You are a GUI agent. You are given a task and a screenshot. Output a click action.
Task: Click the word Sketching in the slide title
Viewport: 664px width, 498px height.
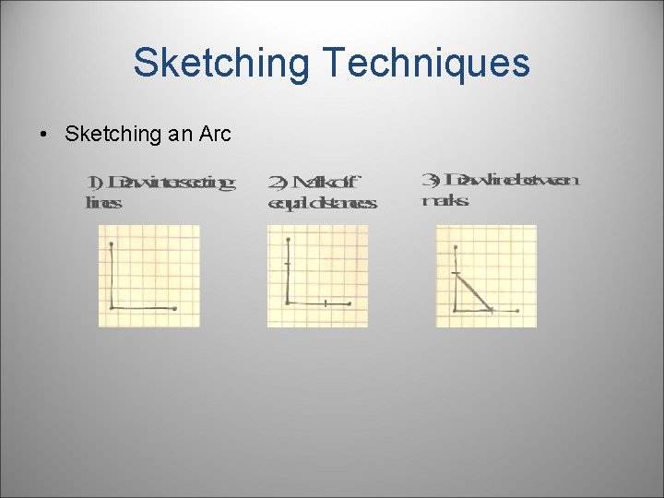pyautogui.click(x=221, y=64)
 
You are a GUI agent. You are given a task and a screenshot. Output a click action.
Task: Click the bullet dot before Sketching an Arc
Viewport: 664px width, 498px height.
pyautogui.click(x=44, y=135)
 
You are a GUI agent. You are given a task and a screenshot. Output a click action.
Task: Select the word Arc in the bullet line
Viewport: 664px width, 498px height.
pyautogui.click(x=213, y=134)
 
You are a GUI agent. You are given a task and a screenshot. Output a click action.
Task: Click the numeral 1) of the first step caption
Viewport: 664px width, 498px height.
pyautogui.click(x=94, y=182)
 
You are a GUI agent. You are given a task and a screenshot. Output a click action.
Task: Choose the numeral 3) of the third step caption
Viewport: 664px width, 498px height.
pyautogui.click(x=429, y=178)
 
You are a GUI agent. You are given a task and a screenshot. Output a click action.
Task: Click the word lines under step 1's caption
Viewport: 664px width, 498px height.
pyautogui.click(x=102, y=202)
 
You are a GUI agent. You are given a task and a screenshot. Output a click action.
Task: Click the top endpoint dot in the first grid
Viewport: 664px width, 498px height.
pyautogui.click(x=111, y=244)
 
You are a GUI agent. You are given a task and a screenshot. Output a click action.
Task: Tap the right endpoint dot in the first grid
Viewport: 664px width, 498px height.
pyautogui.click(x=174, y=308)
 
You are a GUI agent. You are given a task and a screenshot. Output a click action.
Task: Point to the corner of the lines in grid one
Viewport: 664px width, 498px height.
pyautogui.click(x=112, y=307)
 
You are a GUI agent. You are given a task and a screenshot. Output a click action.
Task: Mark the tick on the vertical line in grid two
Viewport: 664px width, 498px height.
pyautogui.click(x=288, y=266)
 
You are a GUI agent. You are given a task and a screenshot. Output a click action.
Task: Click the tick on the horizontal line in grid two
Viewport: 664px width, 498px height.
pyautogui.click(x=326, y=302)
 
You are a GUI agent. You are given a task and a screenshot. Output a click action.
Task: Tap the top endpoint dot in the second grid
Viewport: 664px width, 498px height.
pyautogui.click(x=289, y=237)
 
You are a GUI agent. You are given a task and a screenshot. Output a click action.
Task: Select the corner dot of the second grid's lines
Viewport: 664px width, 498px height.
pyautogui.click(x=289, y=302)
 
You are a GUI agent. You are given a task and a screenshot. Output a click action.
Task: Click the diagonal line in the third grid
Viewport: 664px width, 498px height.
pyautogui.click(x=474, y=291)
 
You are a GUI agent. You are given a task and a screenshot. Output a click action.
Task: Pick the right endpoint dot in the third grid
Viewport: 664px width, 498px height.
pyautogui.click(x=517, y=311)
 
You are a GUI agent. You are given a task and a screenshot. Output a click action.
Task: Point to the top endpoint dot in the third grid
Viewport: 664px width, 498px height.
pyautogui.click(x=456, y=248)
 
